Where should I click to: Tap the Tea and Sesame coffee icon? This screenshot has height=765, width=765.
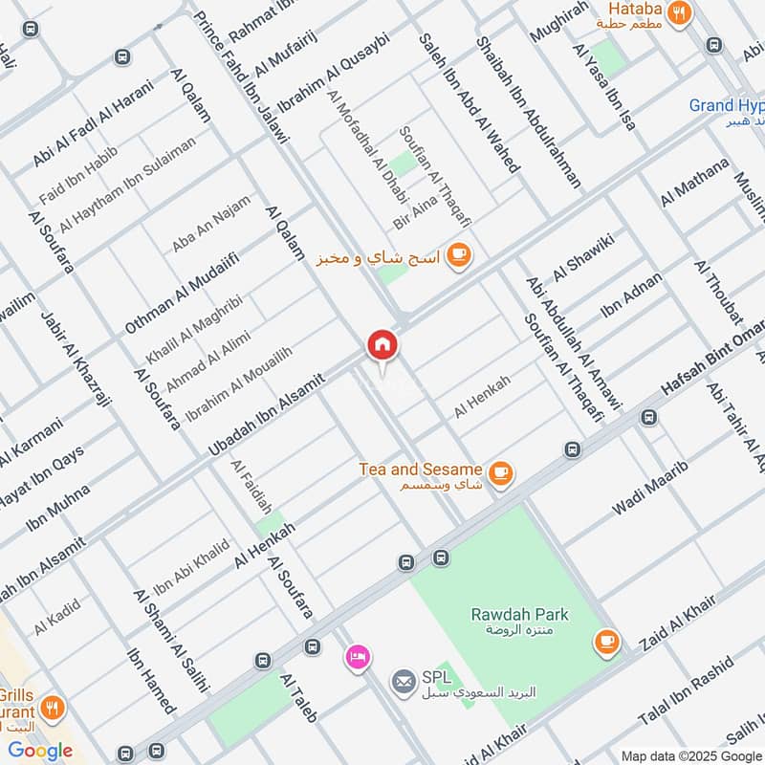point(500,472)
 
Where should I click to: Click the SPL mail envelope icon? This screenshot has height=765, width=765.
point(403,682)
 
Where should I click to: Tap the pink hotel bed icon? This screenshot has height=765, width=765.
point(358,657)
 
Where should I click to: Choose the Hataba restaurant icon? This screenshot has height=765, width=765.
point(680,12)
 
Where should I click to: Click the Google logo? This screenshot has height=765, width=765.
point(40,751)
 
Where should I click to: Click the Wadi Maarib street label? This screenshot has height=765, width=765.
point(650,489)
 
